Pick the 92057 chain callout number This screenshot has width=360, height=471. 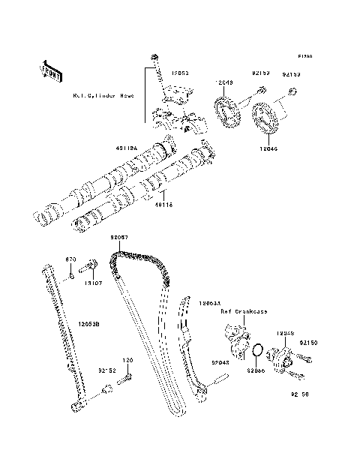point(120,238)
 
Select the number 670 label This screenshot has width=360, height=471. point(71,259)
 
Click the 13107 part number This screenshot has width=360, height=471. point(93,284)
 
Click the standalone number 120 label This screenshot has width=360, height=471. point(127,360)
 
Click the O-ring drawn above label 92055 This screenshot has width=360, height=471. point(256,350)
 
